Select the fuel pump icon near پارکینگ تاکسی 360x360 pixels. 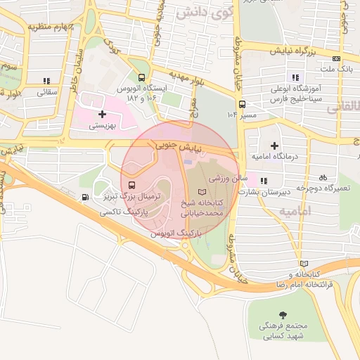[x=85, y=198]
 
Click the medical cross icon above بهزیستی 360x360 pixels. [x=103, y=113]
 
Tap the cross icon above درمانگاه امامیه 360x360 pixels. [x=274, y=145]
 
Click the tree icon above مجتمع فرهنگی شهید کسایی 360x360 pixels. [x=283, y=314]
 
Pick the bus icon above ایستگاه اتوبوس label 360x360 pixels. [x=143, y=78]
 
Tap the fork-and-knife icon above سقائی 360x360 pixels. [x=47, y=81]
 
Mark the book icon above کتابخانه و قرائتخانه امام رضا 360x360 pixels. [x=303, y=263]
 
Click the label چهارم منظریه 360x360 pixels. [x=53, y=27]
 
